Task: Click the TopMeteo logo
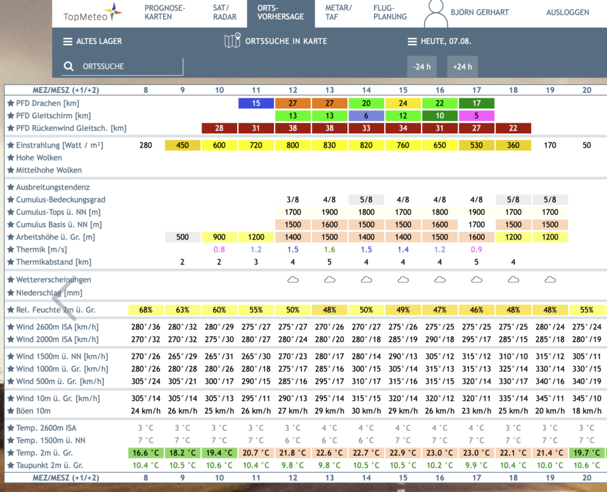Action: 92,13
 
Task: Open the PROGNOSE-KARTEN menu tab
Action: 165,12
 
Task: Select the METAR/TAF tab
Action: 338,12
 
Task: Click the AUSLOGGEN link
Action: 567,12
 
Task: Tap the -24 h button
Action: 421,66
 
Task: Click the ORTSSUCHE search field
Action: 122,66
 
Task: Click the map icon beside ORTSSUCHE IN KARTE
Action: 232,41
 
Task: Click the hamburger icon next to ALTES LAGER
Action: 68,41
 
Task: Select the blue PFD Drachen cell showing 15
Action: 256,103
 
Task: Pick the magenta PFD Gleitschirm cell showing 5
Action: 476,116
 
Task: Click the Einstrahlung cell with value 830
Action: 330,145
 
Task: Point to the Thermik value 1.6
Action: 330,250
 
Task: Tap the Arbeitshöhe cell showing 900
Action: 219,237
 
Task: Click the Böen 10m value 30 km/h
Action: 366,411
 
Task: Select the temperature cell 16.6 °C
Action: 146,453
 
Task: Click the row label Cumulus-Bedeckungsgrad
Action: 60,200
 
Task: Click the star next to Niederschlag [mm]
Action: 11,293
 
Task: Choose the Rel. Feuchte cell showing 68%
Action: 146,309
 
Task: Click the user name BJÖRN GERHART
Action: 480,12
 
